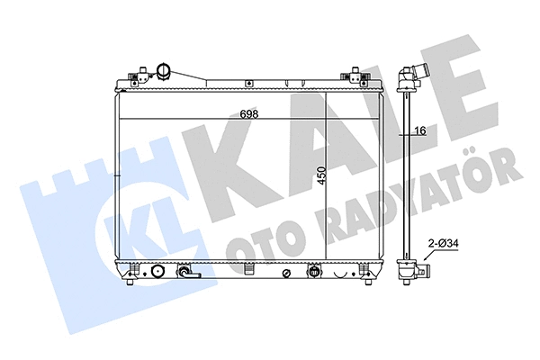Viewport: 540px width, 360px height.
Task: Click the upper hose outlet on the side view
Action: [417, 75]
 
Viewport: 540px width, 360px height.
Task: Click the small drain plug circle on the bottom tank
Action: [284, 272]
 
